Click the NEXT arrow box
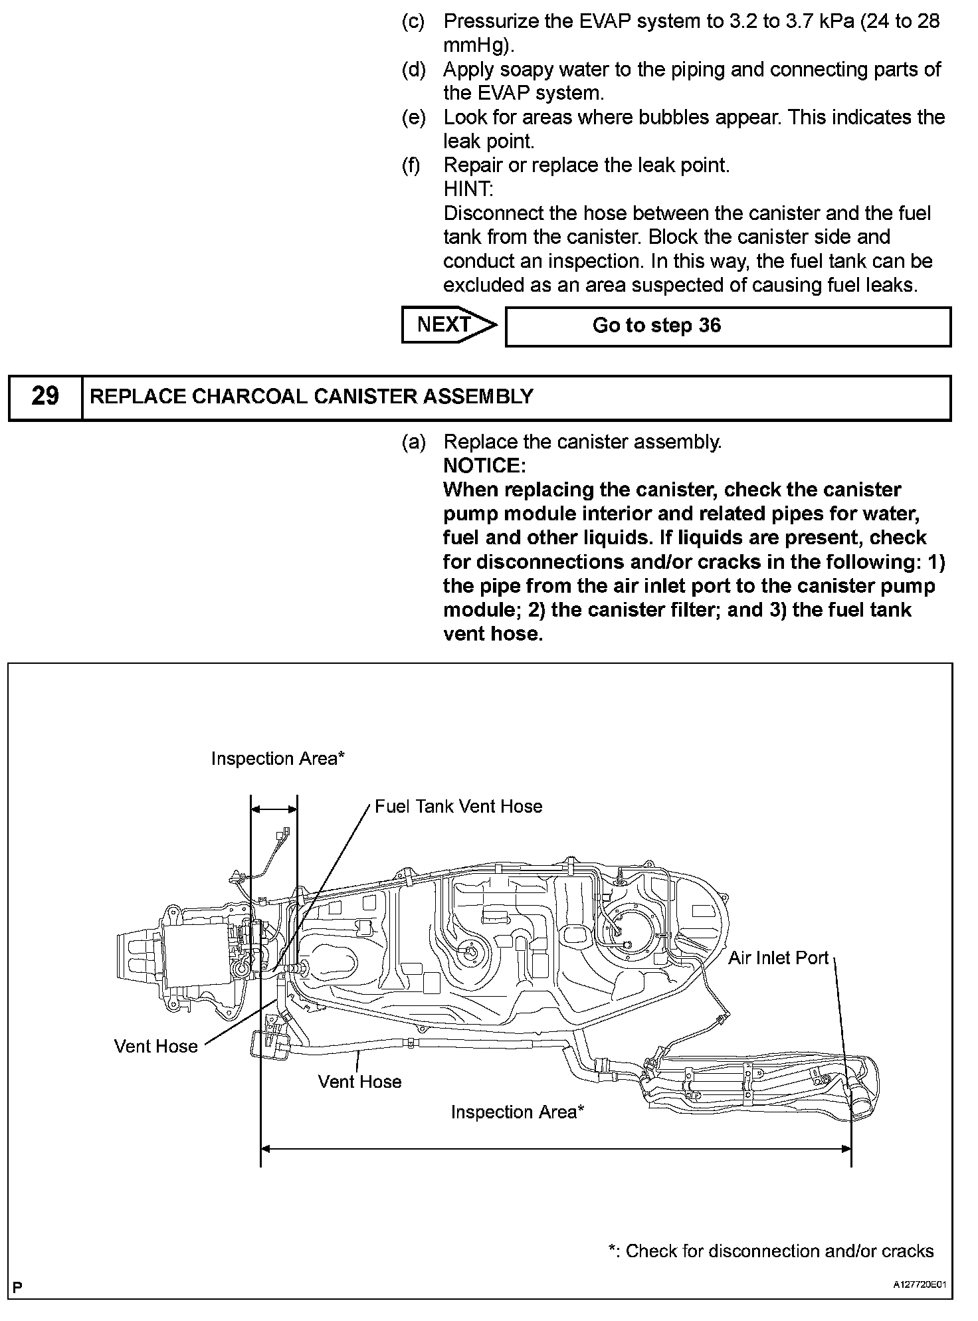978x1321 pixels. [447, 325]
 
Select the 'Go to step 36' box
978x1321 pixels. [728, 326]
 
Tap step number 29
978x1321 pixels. [45, 397]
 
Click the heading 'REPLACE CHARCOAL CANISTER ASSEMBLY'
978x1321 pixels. [311, 397]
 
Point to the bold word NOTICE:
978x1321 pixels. [484, 465]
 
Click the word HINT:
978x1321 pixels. [468, 189]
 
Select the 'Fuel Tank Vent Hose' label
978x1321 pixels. [458, 806]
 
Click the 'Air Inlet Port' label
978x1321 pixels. [778, 958]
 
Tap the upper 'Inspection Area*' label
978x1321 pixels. [278, 758]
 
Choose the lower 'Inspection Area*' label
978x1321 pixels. [517, 1112]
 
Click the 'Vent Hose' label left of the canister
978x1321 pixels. [155, 1046]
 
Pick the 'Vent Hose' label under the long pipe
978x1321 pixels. [359, 1081]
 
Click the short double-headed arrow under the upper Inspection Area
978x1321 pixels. [274, 809]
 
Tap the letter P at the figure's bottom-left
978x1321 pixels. [18, 1287]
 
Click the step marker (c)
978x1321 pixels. [413, 21]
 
